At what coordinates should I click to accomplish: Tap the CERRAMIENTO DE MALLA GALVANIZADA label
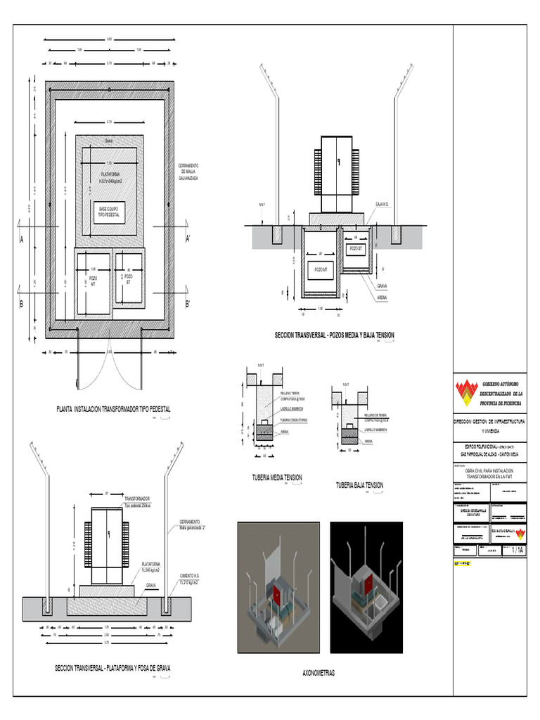pyautogui.click(x=188, y=172)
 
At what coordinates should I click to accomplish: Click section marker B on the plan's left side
pyautogui.click(x=22, y=304)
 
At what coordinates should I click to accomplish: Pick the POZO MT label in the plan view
pyautogui.click(x=93, y=281)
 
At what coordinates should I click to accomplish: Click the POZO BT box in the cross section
pyautogui.click(x=356, y=249)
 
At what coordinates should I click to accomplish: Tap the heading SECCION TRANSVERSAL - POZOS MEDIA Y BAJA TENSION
pyautogui.click(x=335, y=335)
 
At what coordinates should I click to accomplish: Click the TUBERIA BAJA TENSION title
pyautogui.click(x=359, y=484)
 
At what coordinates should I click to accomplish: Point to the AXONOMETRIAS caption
pyautogui.click(x=319, y=673)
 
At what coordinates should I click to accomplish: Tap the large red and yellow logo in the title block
pyautogui.click(x=465, y=394)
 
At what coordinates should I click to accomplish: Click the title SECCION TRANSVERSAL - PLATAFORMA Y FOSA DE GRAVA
pyautogui.click(x=112, y=667)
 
